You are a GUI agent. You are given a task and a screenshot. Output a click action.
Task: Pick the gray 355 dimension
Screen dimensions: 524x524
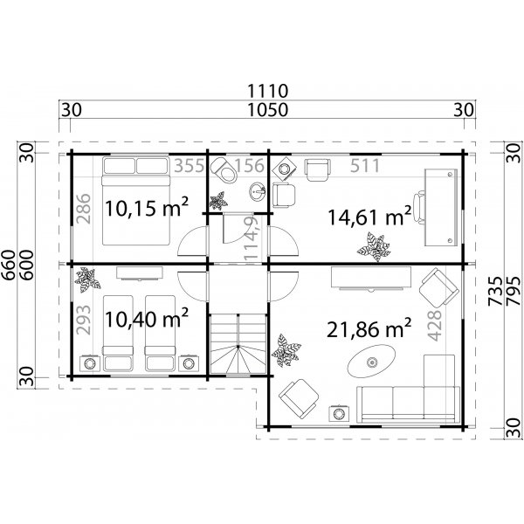coord(188,166)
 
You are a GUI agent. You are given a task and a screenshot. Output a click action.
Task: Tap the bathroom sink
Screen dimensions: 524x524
coord(257,192)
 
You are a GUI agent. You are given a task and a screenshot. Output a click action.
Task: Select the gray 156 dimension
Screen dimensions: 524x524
coord(251,166)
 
